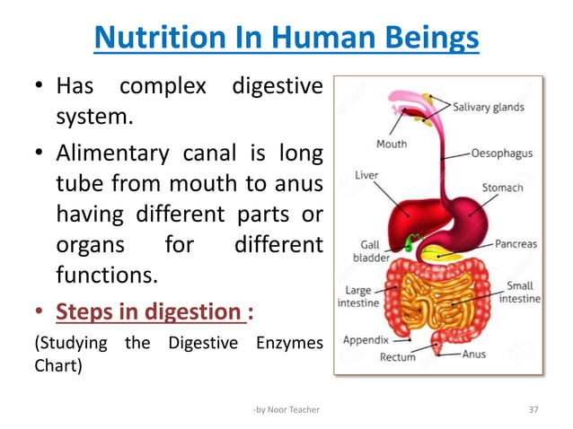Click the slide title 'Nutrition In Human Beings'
286,39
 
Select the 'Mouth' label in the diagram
391,144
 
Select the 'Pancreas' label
515,244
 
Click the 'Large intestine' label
357,297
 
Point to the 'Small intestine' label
520,293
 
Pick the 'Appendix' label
366,340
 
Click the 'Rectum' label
397,356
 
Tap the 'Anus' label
473,354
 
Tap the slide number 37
533,409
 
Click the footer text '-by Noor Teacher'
286,409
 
